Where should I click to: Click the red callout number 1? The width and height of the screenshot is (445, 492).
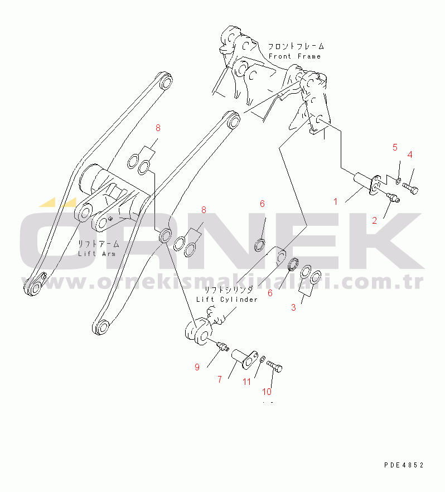click(x=336, y=201)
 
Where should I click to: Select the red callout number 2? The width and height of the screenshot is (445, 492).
click(x=374, y=220)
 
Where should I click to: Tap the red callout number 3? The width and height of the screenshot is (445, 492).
click(x=293, y=307)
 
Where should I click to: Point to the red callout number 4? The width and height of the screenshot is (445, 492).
click(x=410, y=155)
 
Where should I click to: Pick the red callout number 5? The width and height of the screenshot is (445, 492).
click(x=395, y=147)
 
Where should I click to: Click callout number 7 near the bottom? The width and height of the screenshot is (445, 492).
click(x=220, y=380)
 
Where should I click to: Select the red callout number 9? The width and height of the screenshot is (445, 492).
click(x=197, y=367)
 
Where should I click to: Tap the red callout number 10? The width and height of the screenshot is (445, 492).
click(x=267, y=392)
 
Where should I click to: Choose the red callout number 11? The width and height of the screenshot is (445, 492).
click(x=247, y=382)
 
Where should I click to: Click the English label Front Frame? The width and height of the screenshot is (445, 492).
click(x=295, y=56)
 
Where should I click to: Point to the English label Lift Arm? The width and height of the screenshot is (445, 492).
click(x=96, y=253)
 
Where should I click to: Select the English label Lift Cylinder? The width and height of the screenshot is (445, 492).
click(x=227, y=300)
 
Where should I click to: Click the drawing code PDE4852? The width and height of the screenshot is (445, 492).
click(x=404, y=465)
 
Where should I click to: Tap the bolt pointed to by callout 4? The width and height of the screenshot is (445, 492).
click(x=410, y=189)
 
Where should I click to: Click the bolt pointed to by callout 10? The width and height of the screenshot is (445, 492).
click(x=274, y=366)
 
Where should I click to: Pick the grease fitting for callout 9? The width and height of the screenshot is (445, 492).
click(x=223, y=347)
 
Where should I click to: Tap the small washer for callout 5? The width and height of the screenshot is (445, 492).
click(x=398, y=181)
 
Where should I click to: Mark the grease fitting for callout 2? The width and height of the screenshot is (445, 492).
click(x=393, y=197)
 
